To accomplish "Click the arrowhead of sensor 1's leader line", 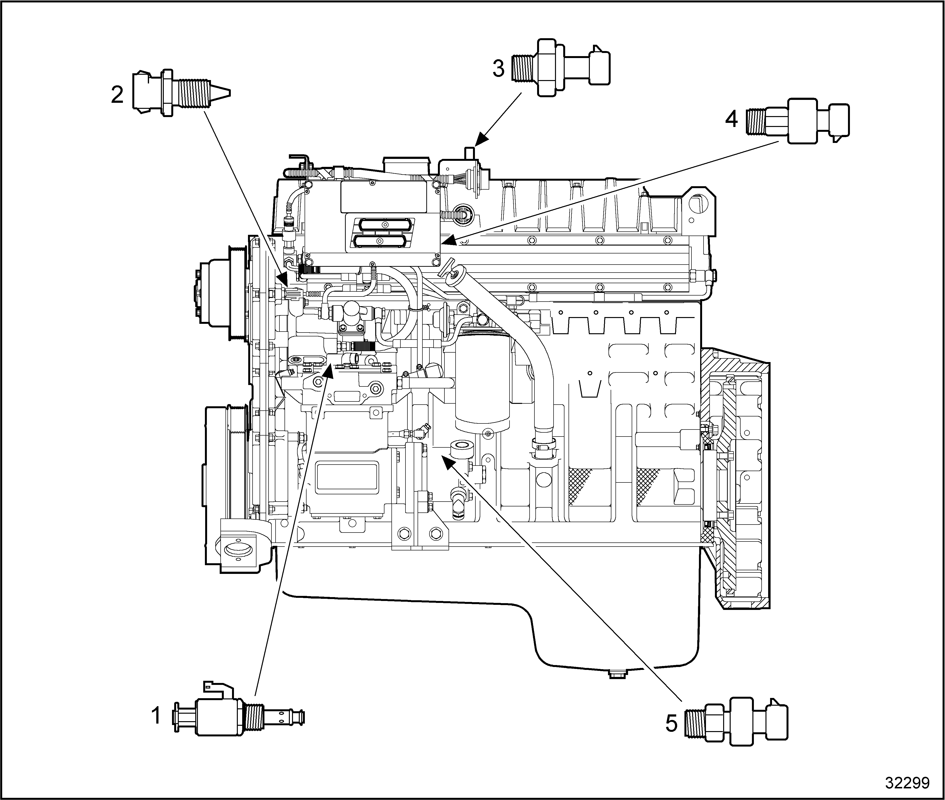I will click(x=329, y=371).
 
